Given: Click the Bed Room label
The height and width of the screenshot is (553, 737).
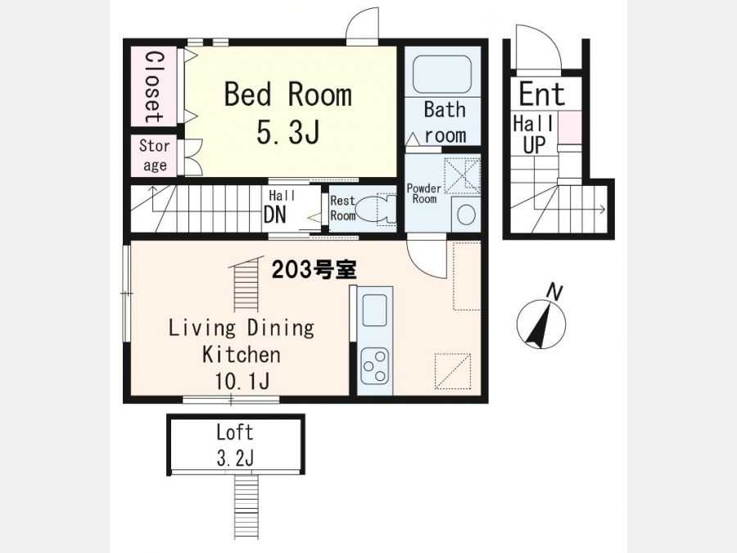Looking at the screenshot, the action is [287, 93].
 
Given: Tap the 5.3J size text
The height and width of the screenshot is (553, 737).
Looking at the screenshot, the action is [288, 131].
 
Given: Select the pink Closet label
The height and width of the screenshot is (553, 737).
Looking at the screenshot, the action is [154, 87].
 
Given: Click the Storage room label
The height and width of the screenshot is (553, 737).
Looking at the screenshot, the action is [154, 155].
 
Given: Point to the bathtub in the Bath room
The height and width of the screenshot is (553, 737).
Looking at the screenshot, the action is [442, 75].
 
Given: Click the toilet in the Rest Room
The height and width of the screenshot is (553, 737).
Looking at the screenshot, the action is [376, 209].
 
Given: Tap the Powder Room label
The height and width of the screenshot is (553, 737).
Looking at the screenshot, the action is [424, 193].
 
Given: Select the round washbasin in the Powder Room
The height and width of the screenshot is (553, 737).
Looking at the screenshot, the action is [466, 215].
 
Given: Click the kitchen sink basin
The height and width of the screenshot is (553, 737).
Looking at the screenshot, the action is [374, 310].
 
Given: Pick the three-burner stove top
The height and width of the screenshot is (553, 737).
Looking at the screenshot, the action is [374, 366].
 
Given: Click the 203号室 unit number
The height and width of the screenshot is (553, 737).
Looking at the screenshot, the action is [314, 270].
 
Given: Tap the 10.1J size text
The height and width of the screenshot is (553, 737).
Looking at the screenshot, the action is [242, 380].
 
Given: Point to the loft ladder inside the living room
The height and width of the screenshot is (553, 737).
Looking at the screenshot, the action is [246, 283].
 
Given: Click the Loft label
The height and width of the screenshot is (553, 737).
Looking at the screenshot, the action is [234, 432].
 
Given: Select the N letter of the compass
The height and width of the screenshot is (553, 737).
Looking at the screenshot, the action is [554, 292].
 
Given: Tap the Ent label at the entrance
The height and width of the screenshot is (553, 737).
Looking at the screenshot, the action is [541, 93].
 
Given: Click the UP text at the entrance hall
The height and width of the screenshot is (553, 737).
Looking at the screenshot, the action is [534, 145].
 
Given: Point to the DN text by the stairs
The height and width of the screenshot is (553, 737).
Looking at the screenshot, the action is [275, 215].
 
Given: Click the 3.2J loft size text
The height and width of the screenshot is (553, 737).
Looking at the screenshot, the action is [235, 457].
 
